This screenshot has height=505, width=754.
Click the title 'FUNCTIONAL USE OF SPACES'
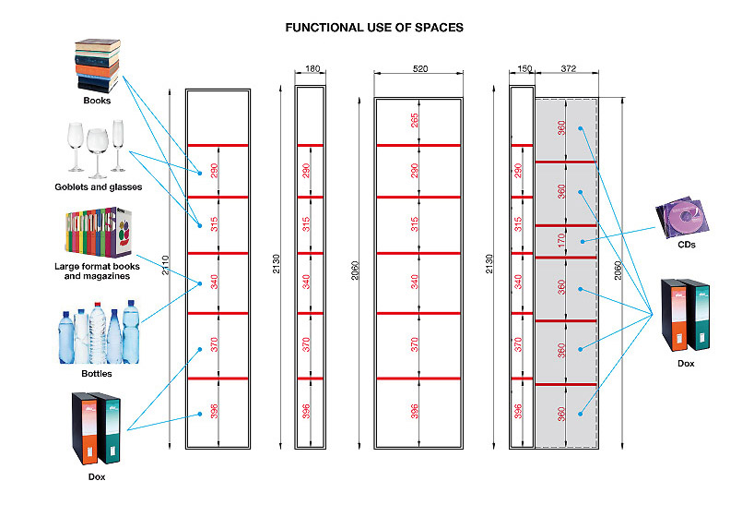[374, 28]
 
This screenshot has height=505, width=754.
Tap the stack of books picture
[98, 65]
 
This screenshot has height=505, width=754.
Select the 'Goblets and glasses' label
[99, 187]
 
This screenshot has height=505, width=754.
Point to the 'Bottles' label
[97, 374]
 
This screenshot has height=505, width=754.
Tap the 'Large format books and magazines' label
[97, 271]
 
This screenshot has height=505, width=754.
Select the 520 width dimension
[419, 70]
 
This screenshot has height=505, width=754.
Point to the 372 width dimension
[567, 70]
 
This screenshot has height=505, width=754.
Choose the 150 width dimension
[522, 70]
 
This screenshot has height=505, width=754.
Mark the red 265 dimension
[415, 122]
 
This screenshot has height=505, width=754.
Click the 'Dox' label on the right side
[686, 364]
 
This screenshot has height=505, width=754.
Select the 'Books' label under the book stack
[97, 101]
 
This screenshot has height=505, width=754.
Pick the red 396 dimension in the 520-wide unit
[415, 412]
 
